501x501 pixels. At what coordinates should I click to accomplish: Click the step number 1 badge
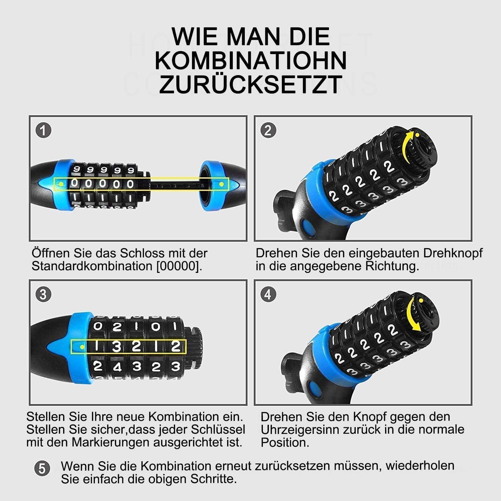43,130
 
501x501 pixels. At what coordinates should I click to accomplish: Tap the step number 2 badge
268,130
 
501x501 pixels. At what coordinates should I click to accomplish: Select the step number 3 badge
43,294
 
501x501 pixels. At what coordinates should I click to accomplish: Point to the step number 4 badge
268,294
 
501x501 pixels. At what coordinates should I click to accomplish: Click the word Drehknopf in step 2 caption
453,253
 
